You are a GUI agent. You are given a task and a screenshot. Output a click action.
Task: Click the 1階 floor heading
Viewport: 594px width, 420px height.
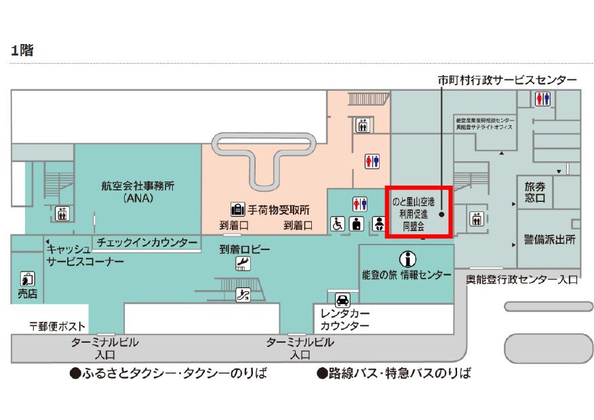[22, 50]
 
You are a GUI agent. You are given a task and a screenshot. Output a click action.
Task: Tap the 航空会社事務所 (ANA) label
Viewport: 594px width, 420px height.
[137, 192]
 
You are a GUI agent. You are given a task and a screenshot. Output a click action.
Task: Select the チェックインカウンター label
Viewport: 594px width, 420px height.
[146, 242]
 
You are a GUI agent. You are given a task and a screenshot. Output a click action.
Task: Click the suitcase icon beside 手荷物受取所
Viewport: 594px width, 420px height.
[237, 209]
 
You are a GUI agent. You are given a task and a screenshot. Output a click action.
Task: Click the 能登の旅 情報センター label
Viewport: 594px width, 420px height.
[406, 274]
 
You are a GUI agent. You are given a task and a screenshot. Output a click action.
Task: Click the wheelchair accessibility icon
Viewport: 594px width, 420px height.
[336, 223]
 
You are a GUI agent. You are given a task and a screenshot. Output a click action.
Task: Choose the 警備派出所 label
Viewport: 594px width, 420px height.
[549, 240]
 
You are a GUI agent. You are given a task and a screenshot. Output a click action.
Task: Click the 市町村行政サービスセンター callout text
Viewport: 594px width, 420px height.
[507, 80]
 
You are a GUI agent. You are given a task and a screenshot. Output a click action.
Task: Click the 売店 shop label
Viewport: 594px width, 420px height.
[27, 294]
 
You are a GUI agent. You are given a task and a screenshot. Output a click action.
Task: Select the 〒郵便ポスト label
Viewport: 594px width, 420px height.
[58, 326]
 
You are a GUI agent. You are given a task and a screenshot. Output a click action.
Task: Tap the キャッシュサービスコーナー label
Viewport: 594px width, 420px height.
[85, 255]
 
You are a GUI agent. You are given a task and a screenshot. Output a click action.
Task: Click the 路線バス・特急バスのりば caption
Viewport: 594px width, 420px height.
[394, 373]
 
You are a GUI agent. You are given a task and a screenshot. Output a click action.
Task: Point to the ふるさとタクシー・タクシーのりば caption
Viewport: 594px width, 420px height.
[167, 373]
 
